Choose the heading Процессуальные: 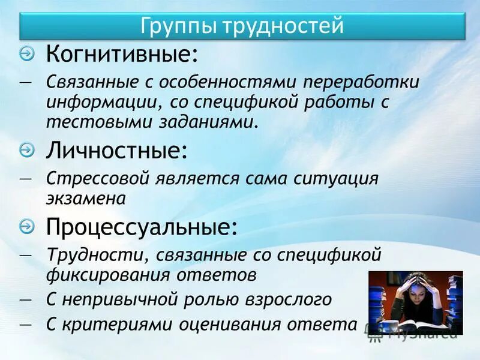pos(142,227)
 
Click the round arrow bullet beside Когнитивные pos(27,55)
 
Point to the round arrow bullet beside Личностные pos(27,149)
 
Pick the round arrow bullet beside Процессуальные pos(27,226)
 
